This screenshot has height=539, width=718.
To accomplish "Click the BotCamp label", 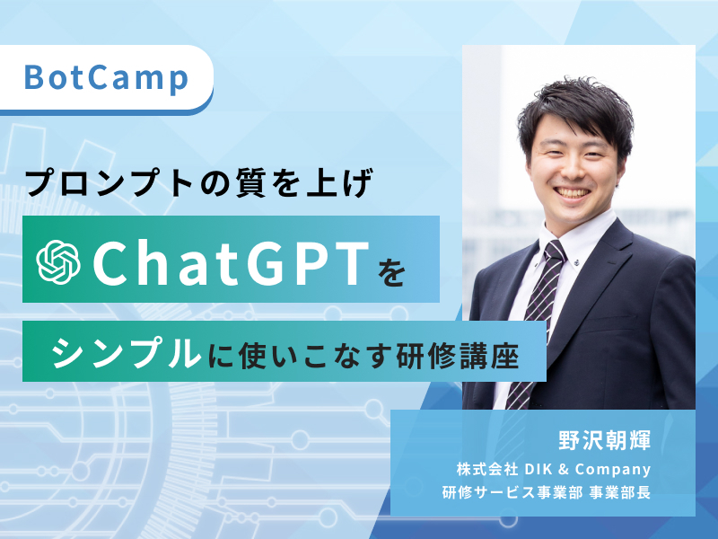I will pos(106,78).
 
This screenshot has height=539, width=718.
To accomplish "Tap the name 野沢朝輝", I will pos(606,440).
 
